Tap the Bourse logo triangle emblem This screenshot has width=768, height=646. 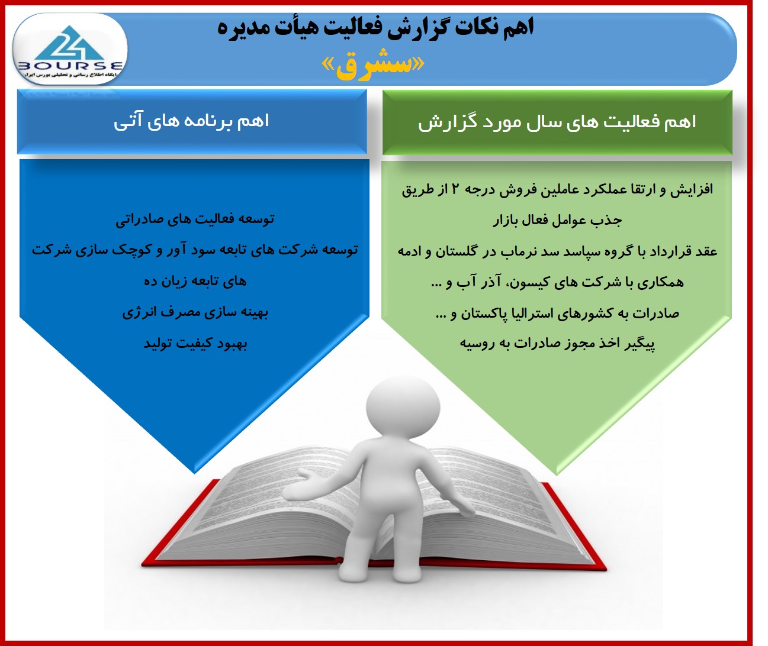click(69, 43)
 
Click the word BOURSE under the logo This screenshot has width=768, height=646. click(70, 66)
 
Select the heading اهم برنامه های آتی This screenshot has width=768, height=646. click(191, 121)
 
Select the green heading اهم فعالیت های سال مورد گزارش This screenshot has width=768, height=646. click(557, 122)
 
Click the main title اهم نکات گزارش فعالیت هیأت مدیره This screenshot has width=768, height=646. click(375, 28)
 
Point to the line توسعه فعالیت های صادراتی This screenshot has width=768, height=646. click(195, 219)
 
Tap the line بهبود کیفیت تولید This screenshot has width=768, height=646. click(195, 344)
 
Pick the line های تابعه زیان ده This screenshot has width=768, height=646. click(195, 282)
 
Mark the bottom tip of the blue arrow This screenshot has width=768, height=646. click(194, 473)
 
